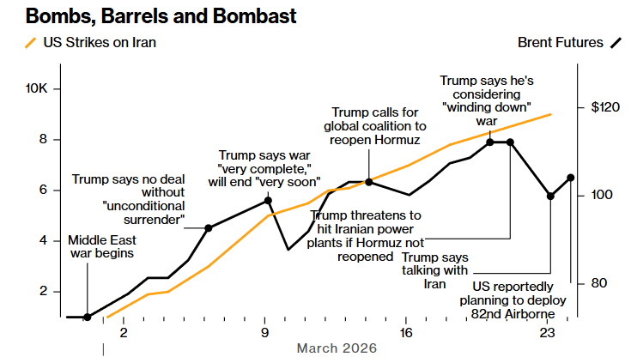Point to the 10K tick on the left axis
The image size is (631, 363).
point(42,89)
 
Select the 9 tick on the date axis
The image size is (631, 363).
point(265,332)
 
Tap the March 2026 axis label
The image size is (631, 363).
point(337,348)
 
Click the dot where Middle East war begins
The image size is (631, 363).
point(87,317)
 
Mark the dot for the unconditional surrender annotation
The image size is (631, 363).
point(209,227)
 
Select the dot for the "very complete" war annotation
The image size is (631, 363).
point(268,200)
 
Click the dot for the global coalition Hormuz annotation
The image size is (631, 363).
point(368,182)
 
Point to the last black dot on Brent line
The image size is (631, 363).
point(571,178)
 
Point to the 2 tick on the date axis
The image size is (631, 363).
point(123,332)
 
